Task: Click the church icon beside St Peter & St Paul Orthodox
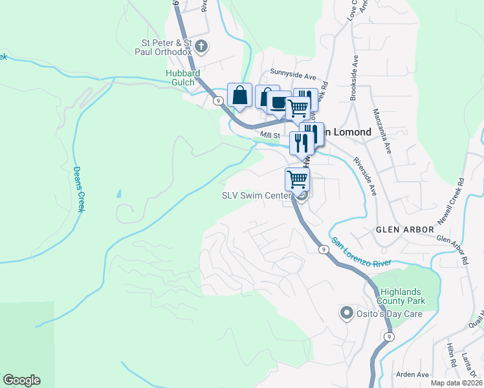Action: (201, 46)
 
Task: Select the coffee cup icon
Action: (279, 103)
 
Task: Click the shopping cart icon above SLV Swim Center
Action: (297, 178)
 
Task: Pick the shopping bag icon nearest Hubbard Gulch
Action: (239, 96)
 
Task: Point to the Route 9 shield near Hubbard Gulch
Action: (219, 100)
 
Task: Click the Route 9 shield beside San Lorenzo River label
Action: (322, 248)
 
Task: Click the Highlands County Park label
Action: (411, 296)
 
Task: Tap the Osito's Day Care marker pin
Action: (345, 314)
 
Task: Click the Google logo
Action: (21, 380)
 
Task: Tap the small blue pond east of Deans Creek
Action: (118, 193)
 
